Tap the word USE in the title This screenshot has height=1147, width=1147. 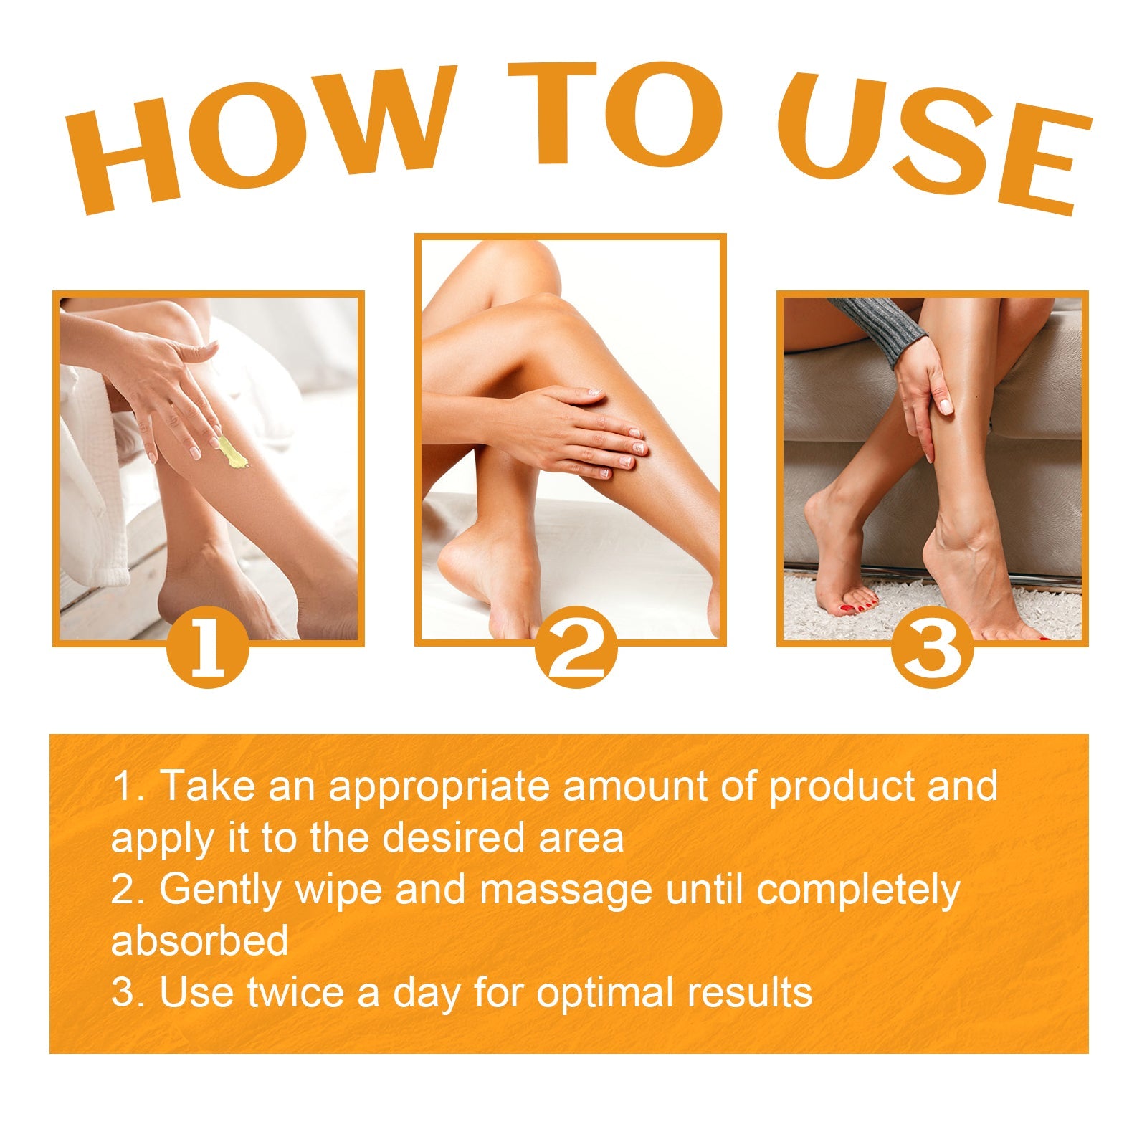(932, 136)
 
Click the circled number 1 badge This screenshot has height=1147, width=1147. (208, 648)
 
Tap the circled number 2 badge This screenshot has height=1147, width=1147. (576, 648)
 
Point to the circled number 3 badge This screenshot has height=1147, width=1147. (932, 648)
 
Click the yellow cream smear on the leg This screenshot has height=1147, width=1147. (233, 453)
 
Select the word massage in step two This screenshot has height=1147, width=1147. (566, 890)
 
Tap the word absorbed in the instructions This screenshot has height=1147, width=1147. (199, 941)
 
